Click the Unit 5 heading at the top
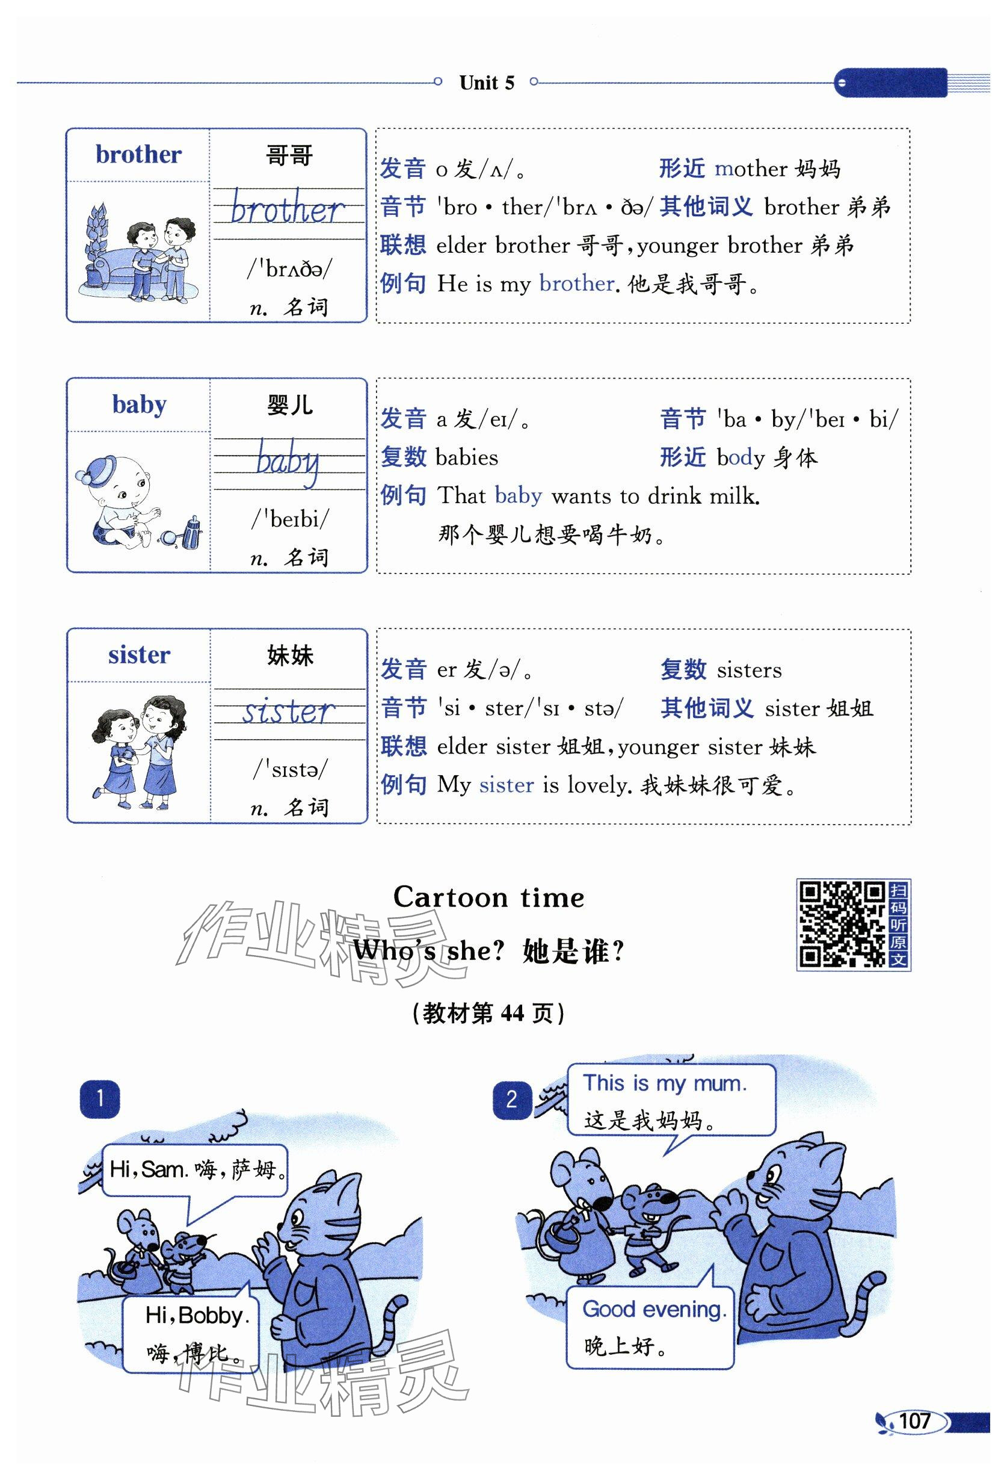point(486,83)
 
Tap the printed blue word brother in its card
point(138,155)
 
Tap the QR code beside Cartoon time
point(842,924)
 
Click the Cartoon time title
point(488,897)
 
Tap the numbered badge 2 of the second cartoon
point(512,1100)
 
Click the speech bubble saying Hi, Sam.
point(195,1172)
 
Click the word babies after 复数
point(467,457)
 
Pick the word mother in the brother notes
point(751,169)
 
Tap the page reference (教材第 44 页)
point(488,1012)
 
